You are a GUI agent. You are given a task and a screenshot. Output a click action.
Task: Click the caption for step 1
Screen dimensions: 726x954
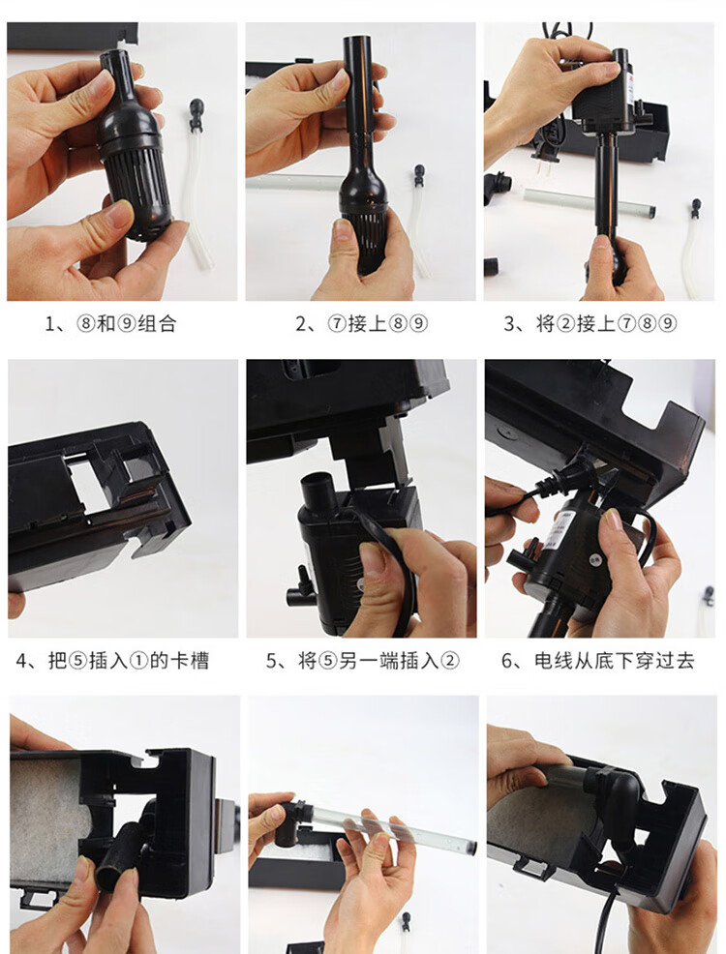click(x=110, y=324)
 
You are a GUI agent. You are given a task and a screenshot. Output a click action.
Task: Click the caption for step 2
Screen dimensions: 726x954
click(x=361, y=324)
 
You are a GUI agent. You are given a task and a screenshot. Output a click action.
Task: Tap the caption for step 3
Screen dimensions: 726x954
click(x=590, y=324)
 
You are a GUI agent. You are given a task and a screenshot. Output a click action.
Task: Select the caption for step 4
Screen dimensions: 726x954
click(x=112, y=661)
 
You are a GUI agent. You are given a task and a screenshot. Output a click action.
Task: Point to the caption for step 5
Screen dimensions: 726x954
click(x=363, y=661)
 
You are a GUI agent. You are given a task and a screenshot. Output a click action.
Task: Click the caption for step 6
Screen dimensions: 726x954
click(x=597, y=661)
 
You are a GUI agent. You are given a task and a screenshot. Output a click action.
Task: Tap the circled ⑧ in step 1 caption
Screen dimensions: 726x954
click(x=86, y=324)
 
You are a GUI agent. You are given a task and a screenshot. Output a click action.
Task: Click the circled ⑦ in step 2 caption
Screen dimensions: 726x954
click(x=337, y=324)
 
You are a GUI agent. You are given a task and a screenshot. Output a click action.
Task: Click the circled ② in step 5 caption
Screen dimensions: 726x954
click(x=450, y=661)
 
